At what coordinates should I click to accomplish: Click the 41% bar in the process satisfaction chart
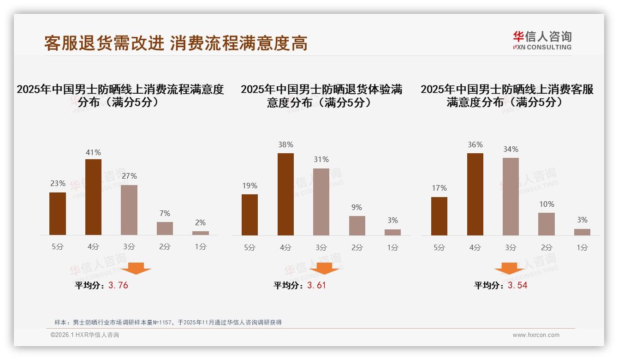click(93, 197)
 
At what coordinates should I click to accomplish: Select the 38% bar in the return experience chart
click(285, 194)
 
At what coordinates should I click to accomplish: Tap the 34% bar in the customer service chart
click(511, 197)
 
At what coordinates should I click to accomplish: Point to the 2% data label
click(200, 222)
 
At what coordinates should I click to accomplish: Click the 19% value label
click(250, 186)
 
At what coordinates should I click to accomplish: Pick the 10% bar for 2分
click(547, 224)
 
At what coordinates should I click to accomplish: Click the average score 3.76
click(118, 285)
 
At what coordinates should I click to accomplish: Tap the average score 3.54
click(517, 285)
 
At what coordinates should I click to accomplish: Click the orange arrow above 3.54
click(509, 269)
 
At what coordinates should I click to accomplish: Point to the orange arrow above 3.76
click(137, 268)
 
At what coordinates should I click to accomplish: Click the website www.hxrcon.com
click(536, 335)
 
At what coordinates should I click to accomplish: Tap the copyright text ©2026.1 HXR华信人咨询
click(85, 335)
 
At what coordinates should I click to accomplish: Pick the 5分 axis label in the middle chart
click(250, 247)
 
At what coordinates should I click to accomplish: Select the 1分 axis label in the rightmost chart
click(582, 247)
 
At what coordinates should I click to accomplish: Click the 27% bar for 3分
click(129, 210)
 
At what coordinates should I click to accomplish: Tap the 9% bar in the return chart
click(357, 226)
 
